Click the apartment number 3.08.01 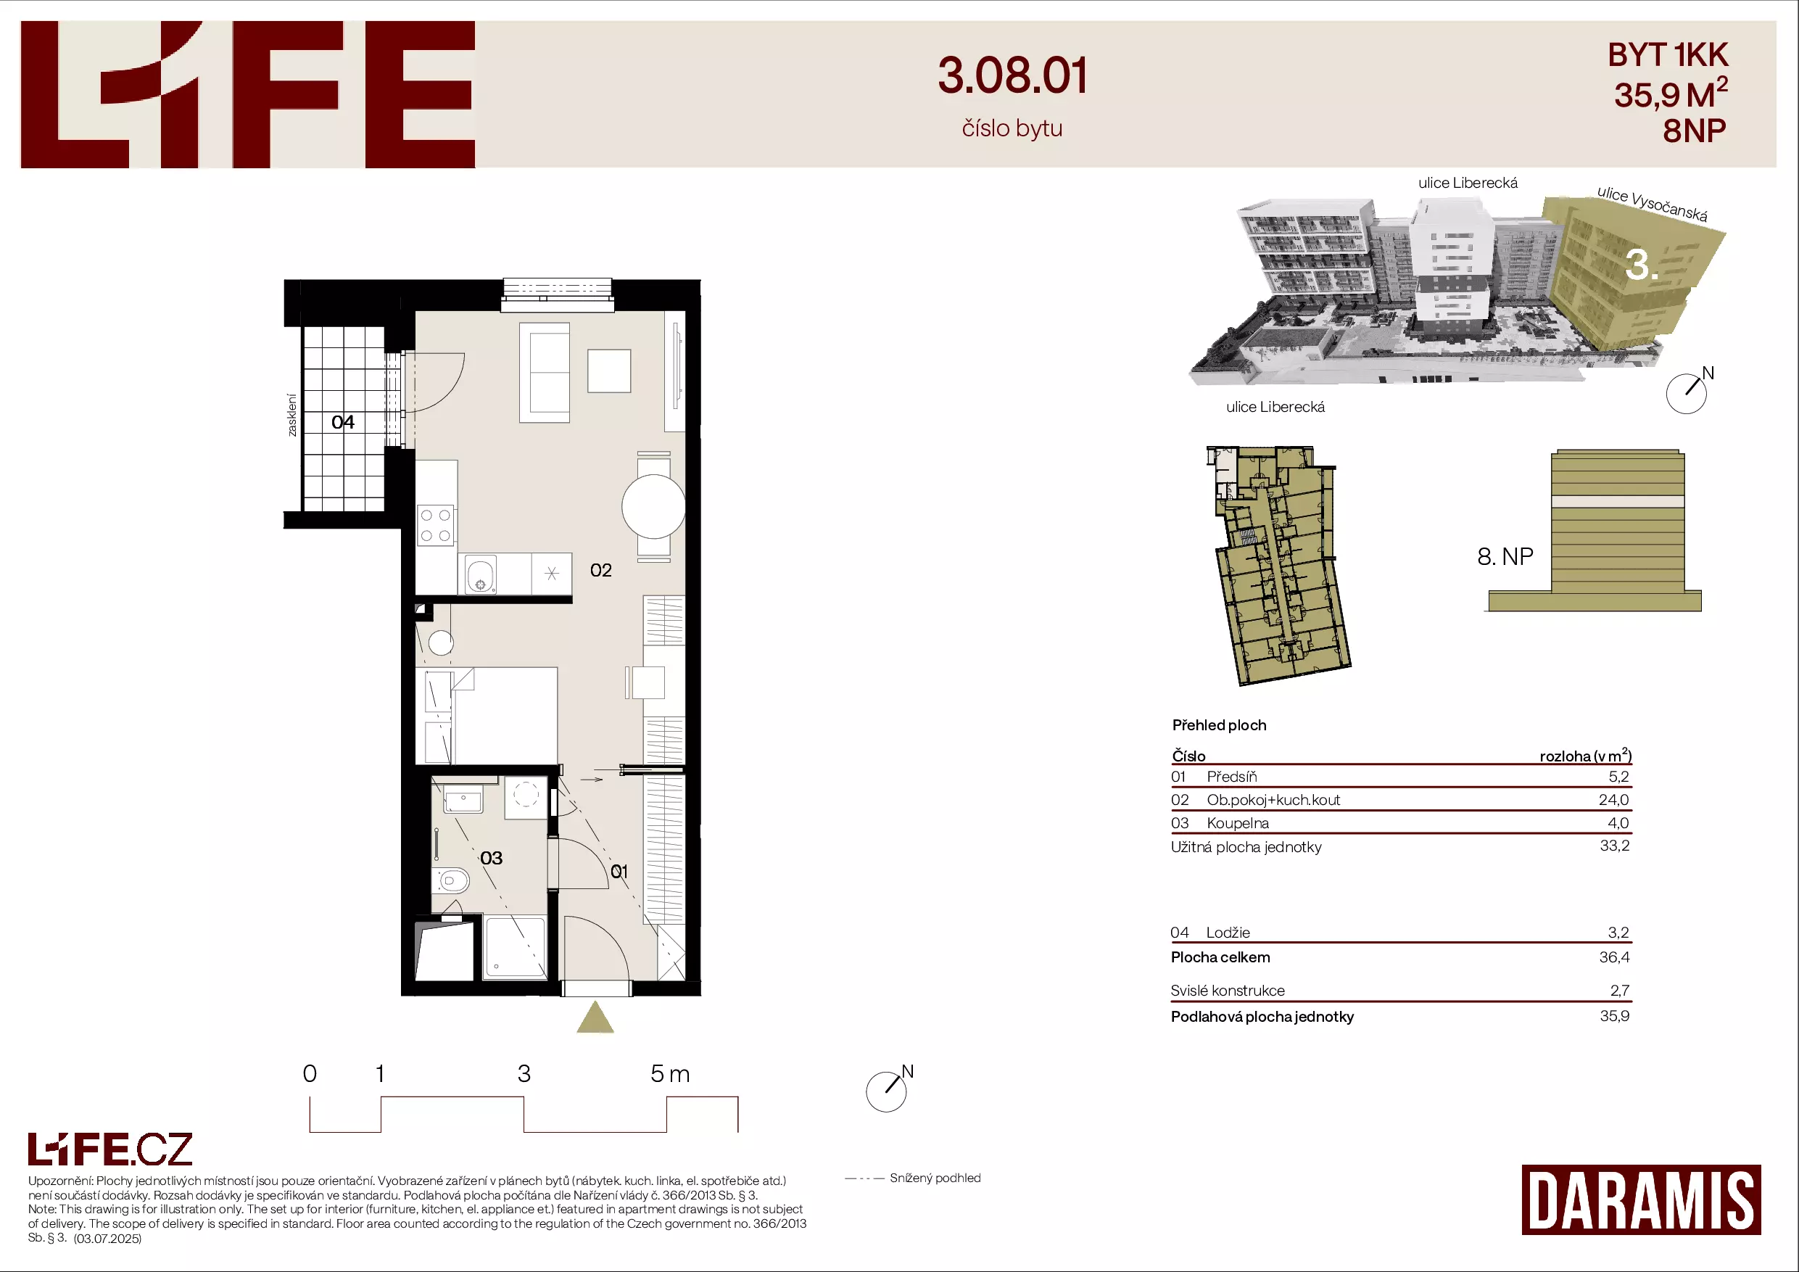1012,76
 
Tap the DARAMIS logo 1641,1200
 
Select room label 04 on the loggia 342,423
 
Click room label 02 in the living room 601,571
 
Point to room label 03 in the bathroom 492,858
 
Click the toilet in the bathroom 450,881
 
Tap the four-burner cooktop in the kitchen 435,525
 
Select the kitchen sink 480,574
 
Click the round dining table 653,507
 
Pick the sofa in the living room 545,373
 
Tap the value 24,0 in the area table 1613,800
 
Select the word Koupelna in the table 1238,824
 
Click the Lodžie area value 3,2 1618,933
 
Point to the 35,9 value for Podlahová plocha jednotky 1614,1016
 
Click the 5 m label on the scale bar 670,1074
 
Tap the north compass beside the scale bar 887,1090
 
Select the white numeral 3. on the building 1641,265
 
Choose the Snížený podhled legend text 935,1178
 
